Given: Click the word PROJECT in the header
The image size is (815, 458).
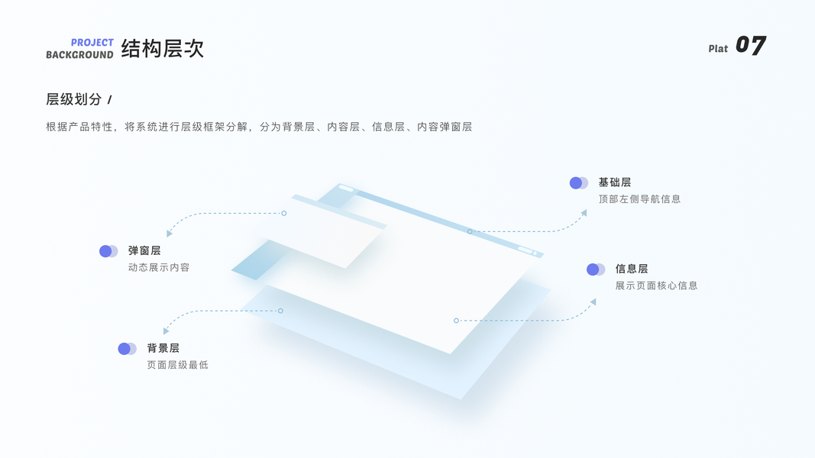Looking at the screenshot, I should pyautogui.click(x=92, y=43).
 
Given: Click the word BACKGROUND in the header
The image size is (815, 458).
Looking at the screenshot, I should pyautogui.click(x=79, y=55).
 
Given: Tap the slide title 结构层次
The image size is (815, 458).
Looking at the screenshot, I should pyautogui.click(x=163, y=49).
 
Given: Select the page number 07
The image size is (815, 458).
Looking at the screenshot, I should pyautogui.click(x=750, y=46).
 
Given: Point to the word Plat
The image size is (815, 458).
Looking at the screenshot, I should pyautogui.click(x=718, y=49).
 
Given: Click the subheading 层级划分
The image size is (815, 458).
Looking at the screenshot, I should pyautogui.click(x=74, y=99).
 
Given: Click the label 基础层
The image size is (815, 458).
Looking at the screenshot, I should pyautogui.click(x=615, y=182).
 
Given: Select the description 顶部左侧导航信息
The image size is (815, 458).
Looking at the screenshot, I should pyautogui.click(x=639, y=199).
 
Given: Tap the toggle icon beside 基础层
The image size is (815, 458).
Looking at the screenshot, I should pyautogui.click(x=579, y=183).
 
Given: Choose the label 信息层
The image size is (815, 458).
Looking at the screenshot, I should pyautogui.click(x=632, y=269).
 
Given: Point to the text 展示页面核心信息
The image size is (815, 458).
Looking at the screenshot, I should pyautogui.click(x=656, y=285).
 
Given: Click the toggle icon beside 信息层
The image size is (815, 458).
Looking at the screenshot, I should pyautogui.click(x=596, y=269).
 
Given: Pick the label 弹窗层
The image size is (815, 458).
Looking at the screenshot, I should pyautogui.click(x=144, y=250).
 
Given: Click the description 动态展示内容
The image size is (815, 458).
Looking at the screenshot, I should pyautogui.click(x=159, y=267).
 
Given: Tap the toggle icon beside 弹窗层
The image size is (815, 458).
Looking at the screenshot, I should pyautogui.click(x=108, y=251).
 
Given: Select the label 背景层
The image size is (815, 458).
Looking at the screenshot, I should pyautogui.click(x=163, y=348).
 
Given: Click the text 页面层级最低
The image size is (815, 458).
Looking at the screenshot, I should pyautogui.click(x=177, y=365).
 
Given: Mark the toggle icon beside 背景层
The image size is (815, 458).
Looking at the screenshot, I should pyautogui.click(x=128, y=349).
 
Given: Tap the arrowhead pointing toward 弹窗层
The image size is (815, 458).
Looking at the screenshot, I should pyautogui.click(x=170, y=234).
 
